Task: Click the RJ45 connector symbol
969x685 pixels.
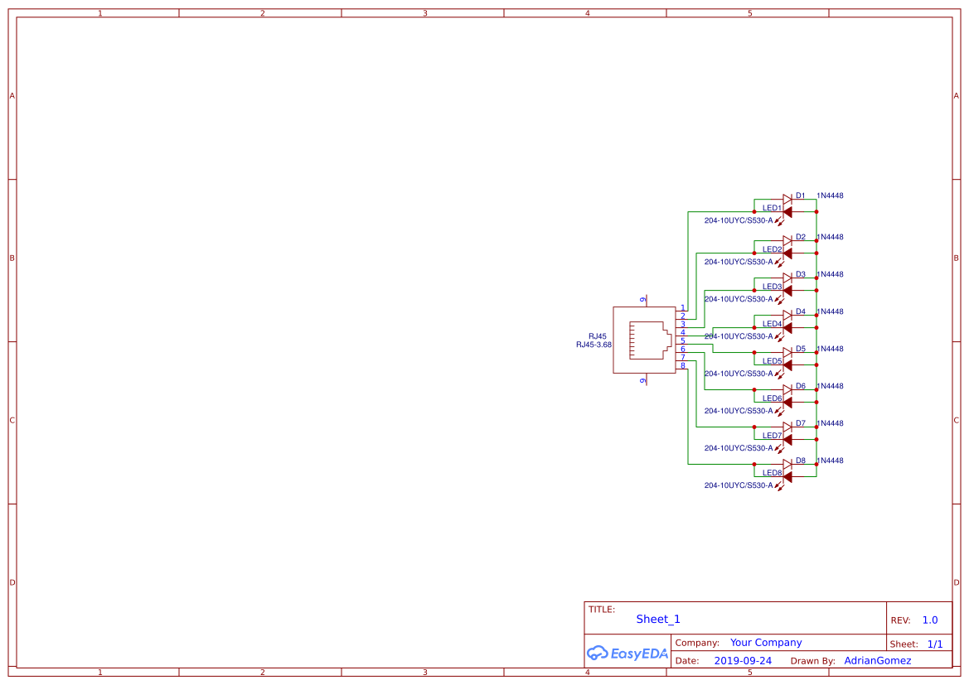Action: point(644,340)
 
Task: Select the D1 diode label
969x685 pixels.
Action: point(800,196)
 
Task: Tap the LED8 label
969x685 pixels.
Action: point(772,473)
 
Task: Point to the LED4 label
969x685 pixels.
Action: point(772,324)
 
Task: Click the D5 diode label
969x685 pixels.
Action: point(800,350)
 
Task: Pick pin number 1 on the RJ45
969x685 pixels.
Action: point(683,308)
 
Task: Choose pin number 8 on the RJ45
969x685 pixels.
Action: point(683,365)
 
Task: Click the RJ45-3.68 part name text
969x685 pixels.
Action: point(594,345)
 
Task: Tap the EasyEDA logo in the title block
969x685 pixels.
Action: point(627,653)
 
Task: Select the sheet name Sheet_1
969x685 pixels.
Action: point(658,620)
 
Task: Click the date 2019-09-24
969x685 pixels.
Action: point(743,661)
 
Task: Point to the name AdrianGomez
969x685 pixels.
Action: point(877,661)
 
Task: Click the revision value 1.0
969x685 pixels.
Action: point(930,620)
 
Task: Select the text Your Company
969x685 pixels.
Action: point(766,643)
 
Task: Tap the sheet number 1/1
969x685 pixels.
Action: point(935,644)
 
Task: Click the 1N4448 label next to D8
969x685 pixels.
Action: point(830,461)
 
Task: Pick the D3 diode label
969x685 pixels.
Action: point(800,275)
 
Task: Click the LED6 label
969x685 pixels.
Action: point(772,398)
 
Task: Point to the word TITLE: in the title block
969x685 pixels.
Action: point(602,610)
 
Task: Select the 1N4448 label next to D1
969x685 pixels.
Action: point(830,196)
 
